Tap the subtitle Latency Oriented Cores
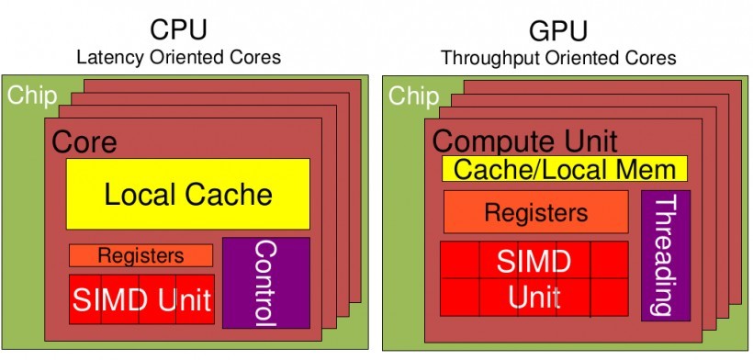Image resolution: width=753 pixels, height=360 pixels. (178, 58)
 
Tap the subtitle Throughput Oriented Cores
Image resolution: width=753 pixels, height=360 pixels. (558, 58)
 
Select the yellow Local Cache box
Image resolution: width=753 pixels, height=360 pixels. (187, 194)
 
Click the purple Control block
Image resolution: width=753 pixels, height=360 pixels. (265, 283)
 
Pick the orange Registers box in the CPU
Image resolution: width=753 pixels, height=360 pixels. (140, 255)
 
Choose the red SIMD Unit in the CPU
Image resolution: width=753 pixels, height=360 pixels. (141, 299)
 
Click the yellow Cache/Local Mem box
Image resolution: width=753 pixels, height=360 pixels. (565, 169)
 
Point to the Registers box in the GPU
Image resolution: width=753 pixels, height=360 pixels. (535, 212)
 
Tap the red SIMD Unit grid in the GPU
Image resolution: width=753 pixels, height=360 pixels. (534, 277)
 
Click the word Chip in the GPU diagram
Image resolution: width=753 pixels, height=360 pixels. (412, 96)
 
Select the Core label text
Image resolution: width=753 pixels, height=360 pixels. (84, 142)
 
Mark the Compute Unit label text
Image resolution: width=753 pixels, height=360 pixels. (524, 141)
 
